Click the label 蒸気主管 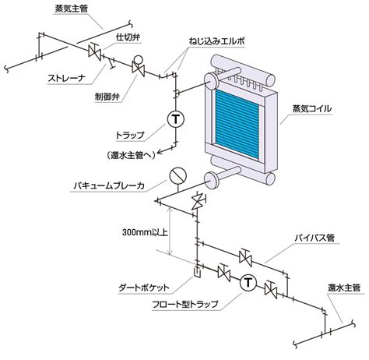pos(72,9)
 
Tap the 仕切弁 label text pos(128,37)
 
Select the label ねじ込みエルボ pos(216,41)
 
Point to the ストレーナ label pos(66,78)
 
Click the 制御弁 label pos(107,97)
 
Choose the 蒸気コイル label pos(312,108)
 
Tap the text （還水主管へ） pos(131,155)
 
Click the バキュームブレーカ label pos(109,185)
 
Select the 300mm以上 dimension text pos(145,232)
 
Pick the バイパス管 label pos(315,238)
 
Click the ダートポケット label pos(144,288)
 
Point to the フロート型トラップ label pos(185,304)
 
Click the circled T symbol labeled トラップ pos(175,119)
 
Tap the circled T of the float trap pos(248,283)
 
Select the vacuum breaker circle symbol pos(178,175)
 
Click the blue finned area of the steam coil pos(237,124)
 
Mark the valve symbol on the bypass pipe pos(245,257)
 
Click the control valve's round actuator pos(138,60)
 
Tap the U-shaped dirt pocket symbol pos(197,272)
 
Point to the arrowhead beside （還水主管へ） pos(160,152)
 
